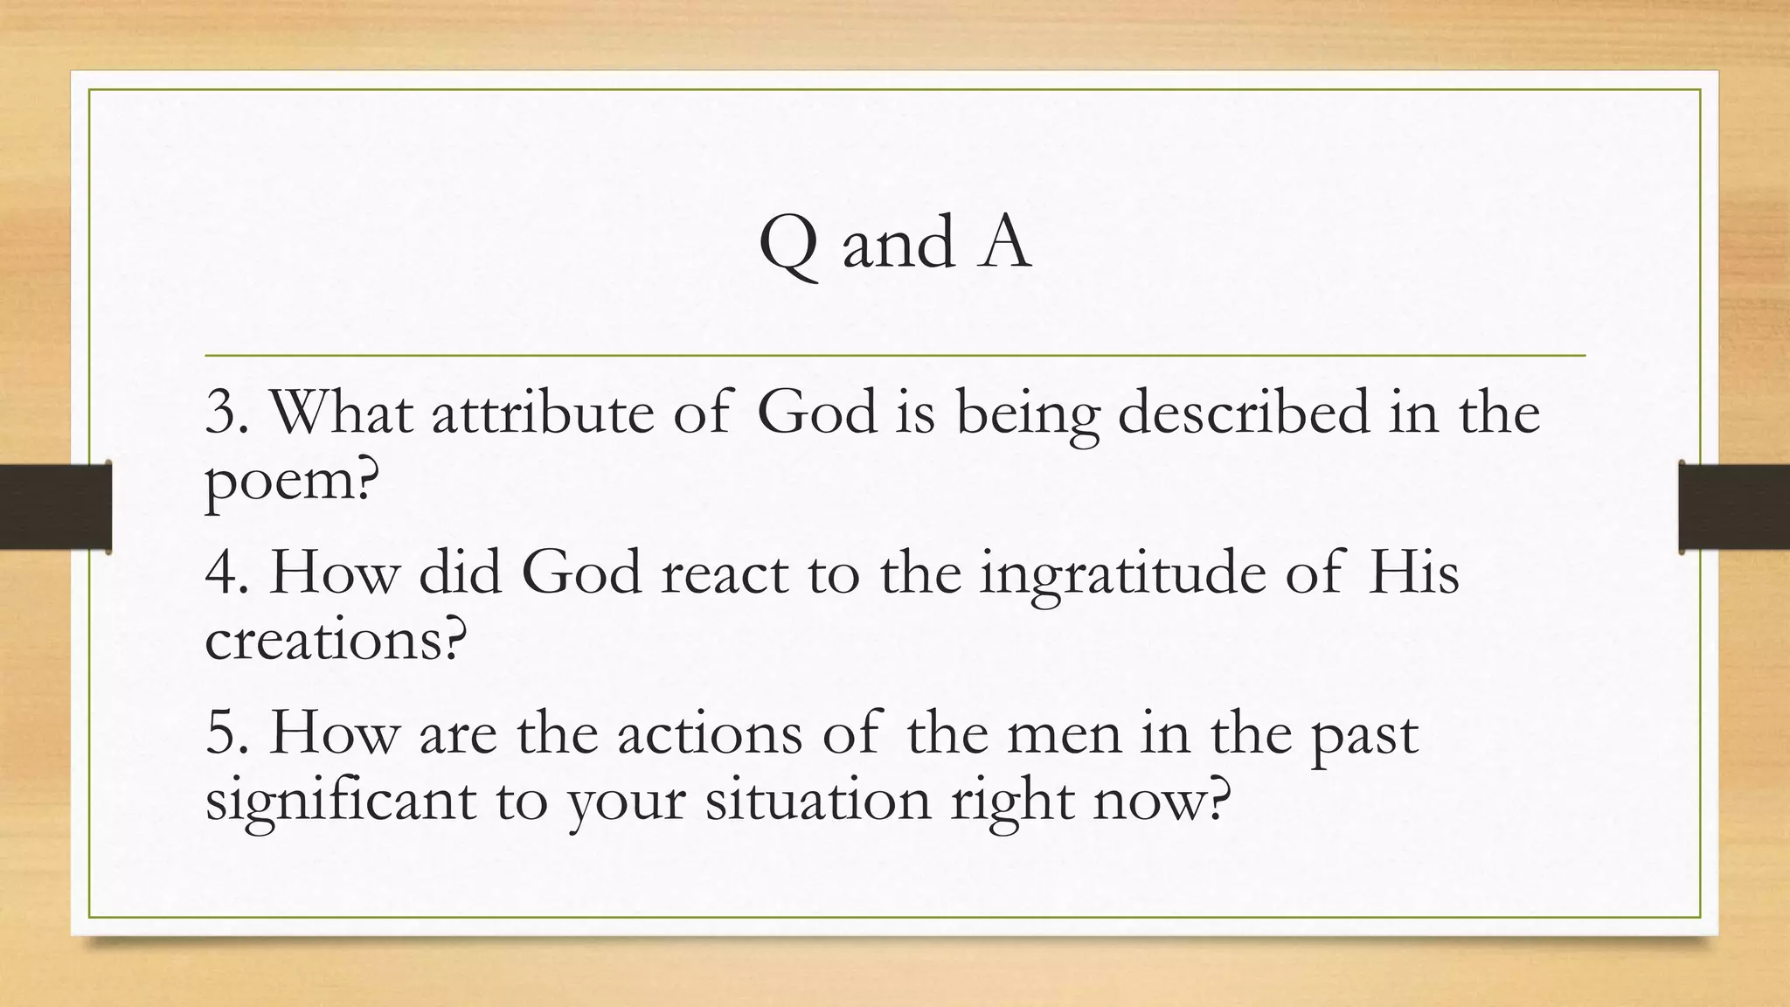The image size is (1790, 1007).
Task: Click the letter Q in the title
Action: [789, 245]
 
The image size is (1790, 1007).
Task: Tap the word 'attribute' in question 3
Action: [542, 412]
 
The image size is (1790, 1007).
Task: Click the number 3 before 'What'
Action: [222, 413]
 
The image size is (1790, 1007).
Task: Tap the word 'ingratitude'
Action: [1122, 575]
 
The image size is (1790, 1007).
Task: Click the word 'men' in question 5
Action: [1064, 734]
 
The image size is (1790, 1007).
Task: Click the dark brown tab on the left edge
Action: [55, 507]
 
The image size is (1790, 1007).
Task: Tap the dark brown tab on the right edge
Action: [1734, 507]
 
